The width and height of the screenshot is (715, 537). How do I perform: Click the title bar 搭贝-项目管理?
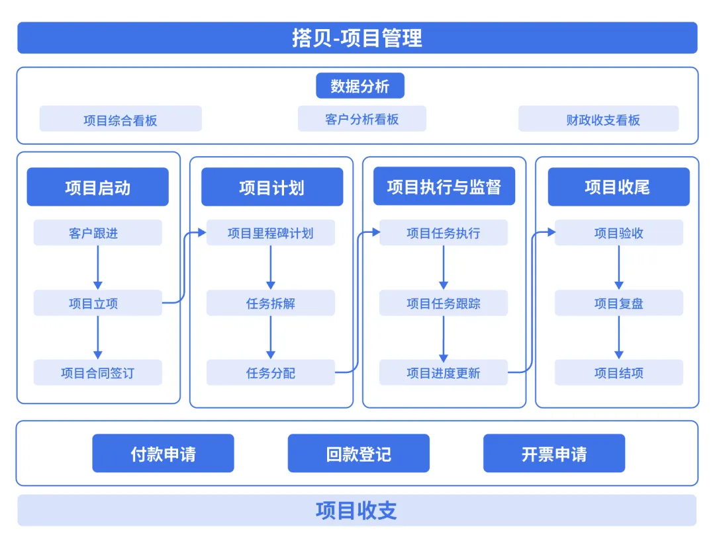(x=357, y=38)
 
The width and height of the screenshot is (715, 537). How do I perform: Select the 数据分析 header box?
(x=359, y=86)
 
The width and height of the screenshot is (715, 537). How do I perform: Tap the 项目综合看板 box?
(x=120, y=120)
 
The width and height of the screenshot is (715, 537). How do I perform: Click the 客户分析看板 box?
(x=361, y=119)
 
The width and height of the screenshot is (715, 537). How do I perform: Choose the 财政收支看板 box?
(x=598, y=120)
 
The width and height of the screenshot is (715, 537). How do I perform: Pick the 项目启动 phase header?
(x=97, y=187)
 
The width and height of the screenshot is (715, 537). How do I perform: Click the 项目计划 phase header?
(x=272, y=187)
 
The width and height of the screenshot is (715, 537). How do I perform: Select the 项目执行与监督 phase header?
(x=444, y=187)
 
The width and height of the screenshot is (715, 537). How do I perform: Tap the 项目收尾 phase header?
(x=618, y=187)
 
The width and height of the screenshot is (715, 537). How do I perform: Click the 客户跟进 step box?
(x=97, y=233)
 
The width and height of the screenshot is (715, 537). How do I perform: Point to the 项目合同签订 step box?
(x=97, y=373)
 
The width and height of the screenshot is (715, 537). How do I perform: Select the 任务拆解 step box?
(x=270, y=304)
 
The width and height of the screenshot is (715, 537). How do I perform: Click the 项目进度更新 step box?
(x=443, y=373)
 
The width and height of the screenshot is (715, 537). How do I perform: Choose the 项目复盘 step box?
(x=618, y=304)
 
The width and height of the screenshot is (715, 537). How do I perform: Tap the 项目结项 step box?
(x=618, y=373)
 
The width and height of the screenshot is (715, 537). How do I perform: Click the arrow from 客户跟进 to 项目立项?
(x=98, y=267)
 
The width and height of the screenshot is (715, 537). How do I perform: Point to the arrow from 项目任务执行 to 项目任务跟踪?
(x=444, y=267)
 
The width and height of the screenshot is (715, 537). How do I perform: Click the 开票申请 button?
(x=553, y=454)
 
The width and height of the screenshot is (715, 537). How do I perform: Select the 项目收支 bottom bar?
(x=357, y=511)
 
